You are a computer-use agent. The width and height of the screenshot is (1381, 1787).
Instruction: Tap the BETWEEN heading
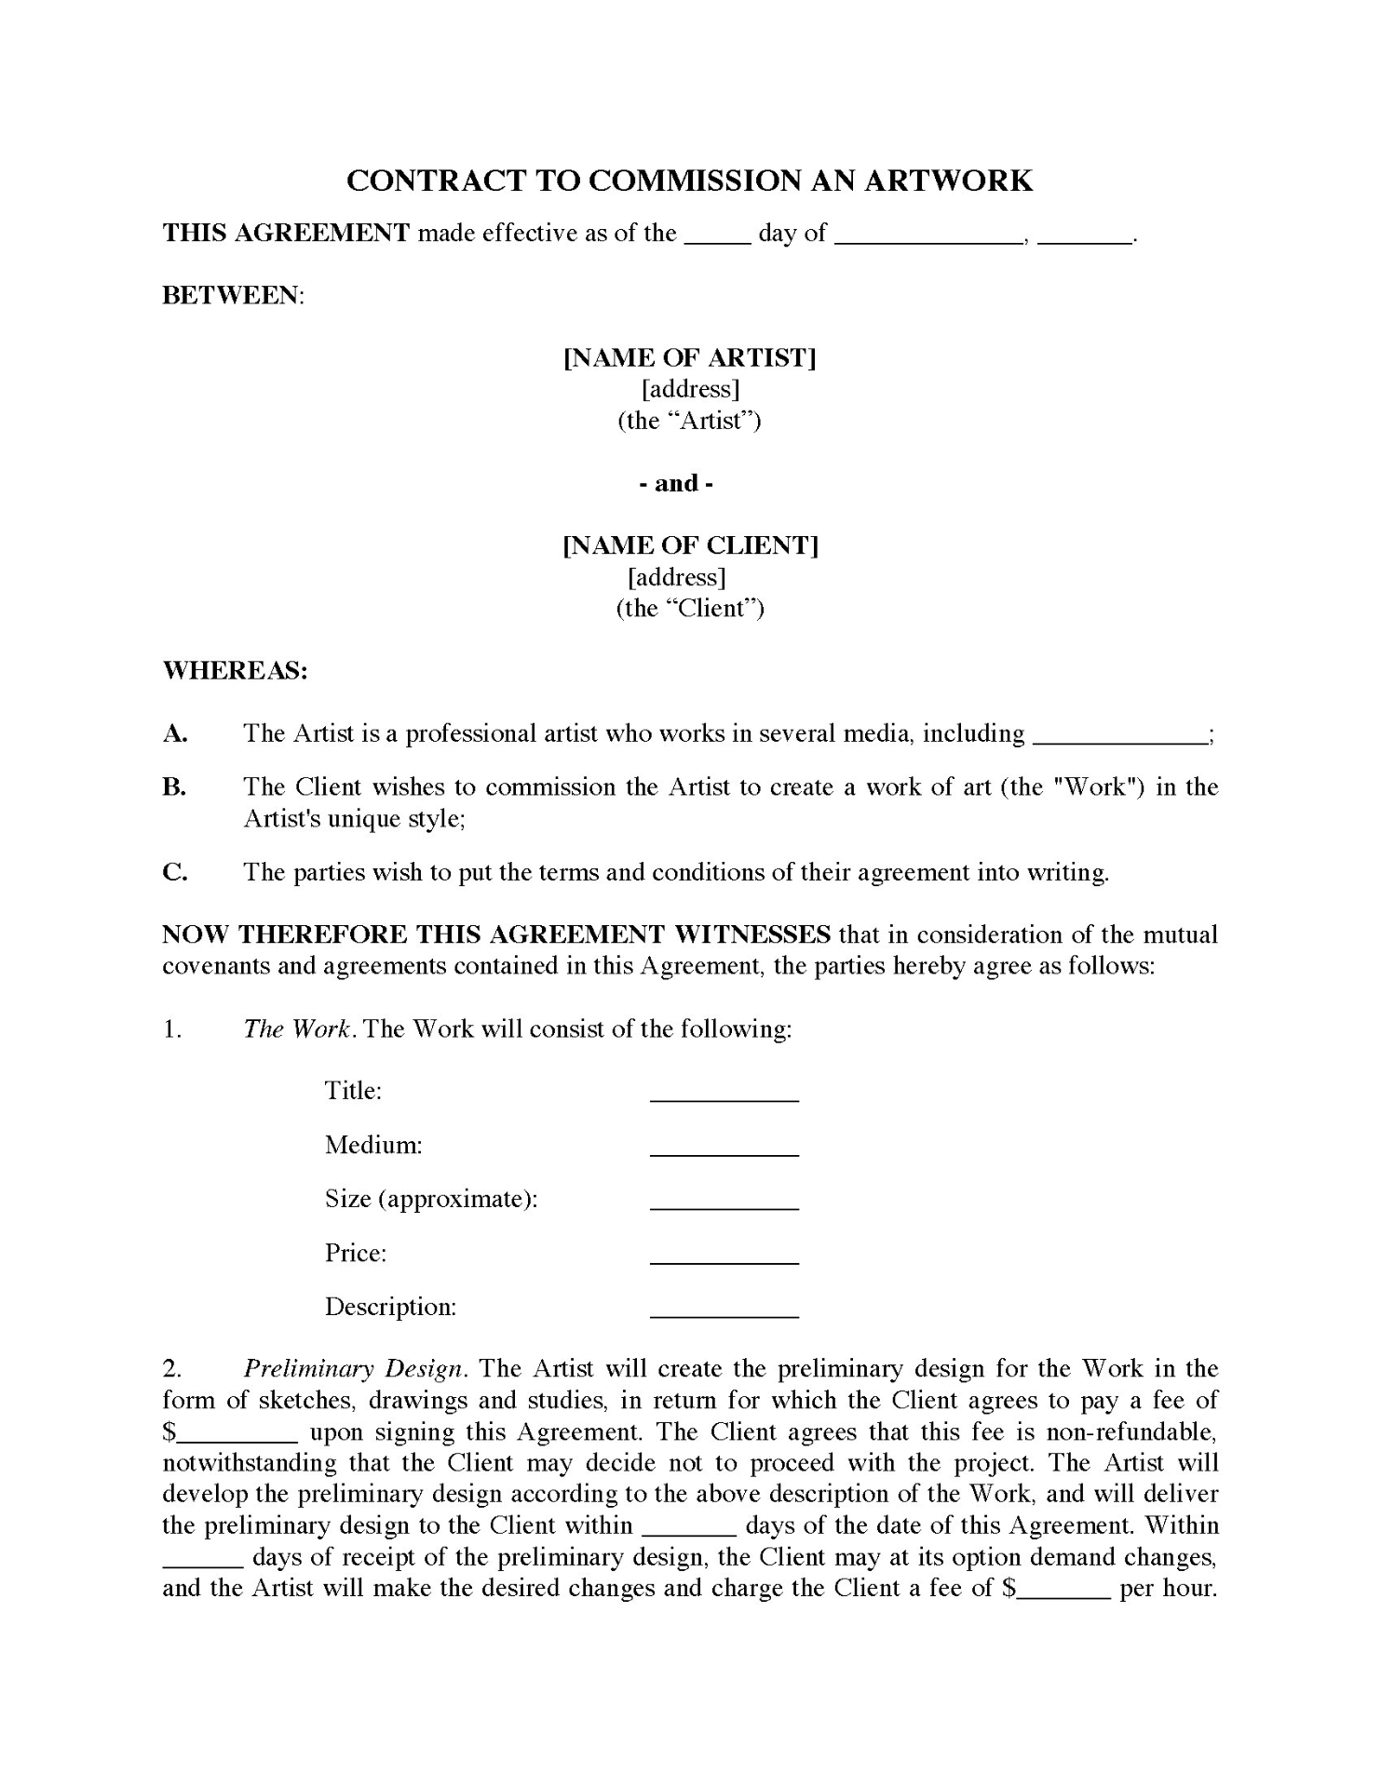click(233, 296)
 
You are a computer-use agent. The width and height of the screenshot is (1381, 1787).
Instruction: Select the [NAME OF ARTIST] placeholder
click(690, 358)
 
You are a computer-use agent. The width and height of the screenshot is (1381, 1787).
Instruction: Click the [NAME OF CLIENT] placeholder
click(690, 545)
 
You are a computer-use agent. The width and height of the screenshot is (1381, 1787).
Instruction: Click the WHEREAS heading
click(235, 670)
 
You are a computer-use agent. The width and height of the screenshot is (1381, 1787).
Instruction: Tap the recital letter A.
click(174, 733)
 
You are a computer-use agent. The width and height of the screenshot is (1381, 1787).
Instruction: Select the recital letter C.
click(174, 872)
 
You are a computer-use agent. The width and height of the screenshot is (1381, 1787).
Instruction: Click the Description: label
click(390, 1307)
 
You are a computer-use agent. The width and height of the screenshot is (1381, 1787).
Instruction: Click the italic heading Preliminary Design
click(353, 1369)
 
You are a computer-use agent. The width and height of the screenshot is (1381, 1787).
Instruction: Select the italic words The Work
click(296, 1029)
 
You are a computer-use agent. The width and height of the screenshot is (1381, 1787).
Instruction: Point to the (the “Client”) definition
click(690, 609)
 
